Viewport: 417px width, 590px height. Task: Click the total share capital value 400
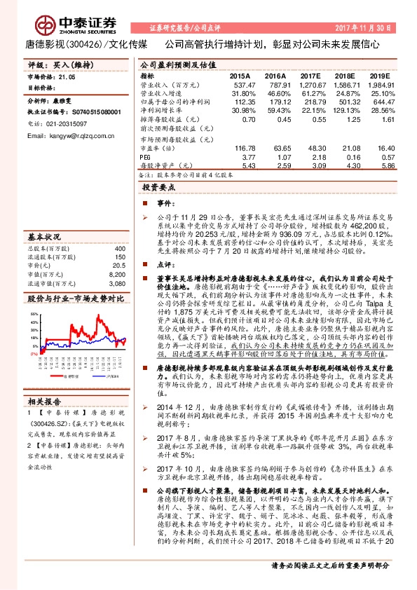tap(119, 248)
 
